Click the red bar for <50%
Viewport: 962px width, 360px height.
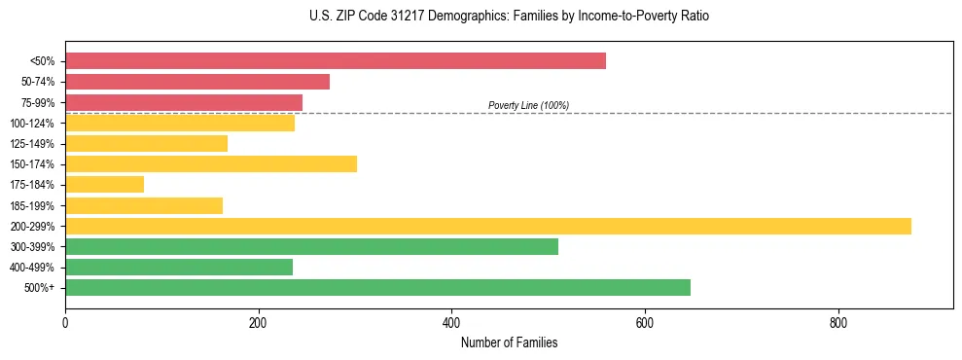[336, 61]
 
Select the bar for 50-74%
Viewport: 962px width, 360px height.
[197, 82]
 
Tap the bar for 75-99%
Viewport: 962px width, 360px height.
[184, 102]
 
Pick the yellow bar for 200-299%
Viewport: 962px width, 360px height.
[488, 226]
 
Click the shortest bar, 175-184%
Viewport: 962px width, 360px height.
[105, 184]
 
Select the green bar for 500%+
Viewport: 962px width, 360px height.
[377, 287]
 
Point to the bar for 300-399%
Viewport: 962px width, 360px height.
[311, 246]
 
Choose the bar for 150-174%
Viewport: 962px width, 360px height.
[211, 163]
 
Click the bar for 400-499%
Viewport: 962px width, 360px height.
[179, 267]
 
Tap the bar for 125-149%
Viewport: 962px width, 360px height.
[147, 143]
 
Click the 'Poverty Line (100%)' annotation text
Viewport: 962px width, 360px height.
[528, 105]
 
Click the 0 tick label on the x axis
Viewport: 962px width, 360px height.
[65, 323]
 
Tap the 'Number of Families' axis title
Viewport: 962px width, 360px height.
[509, 342]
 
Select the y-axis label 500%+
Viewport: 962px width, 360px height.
[40, 288]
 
